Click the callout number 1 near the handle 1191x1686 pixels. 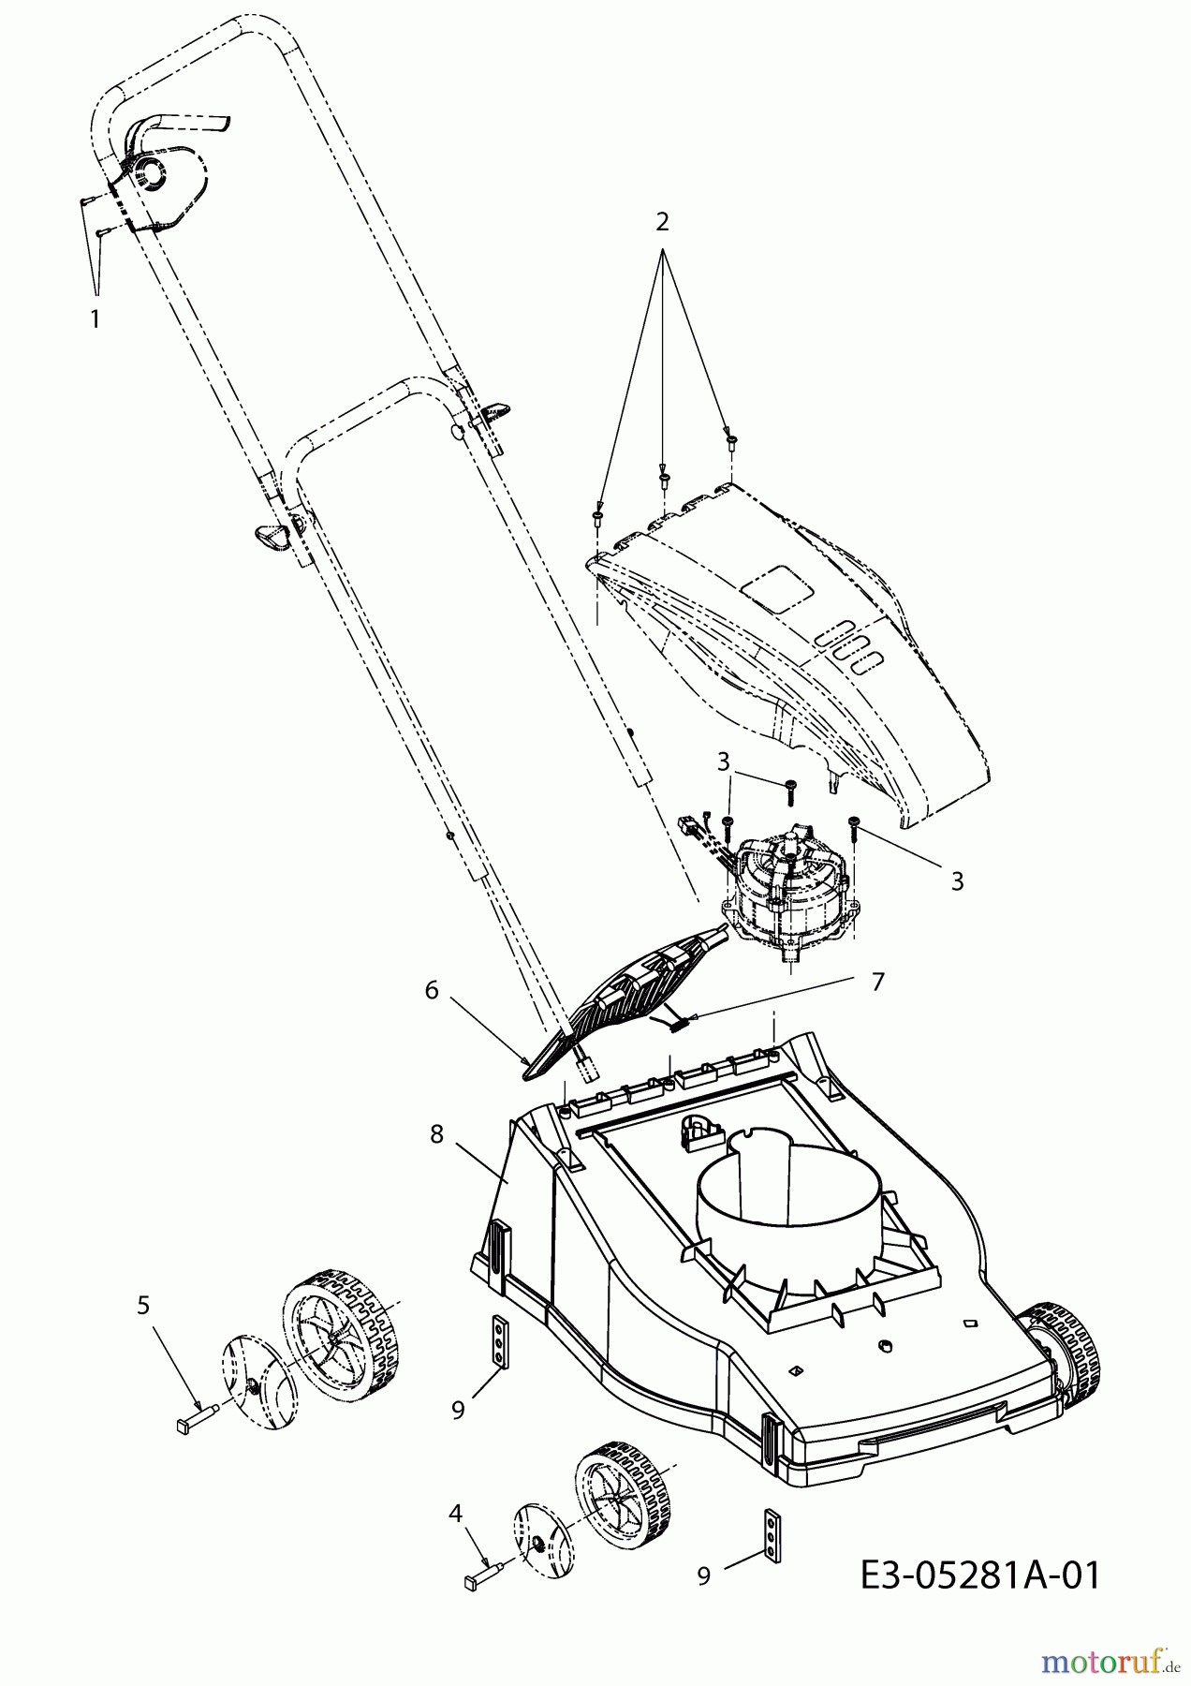tap(95, 319)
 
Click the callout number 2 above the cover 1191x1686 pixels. tap(662, 222)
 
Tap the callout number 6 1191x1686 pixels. tap(432, 990)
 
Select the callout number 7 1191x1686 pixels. tap(877, 982)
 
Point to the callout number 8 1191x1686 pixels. tap(436, 1133)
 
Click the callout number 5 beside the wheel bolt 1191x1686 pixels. tap(143, 1305)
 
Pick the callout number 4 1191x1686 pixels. tap(456, 1512)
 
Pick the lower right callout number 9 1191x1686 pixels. tap(703, 1576)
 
